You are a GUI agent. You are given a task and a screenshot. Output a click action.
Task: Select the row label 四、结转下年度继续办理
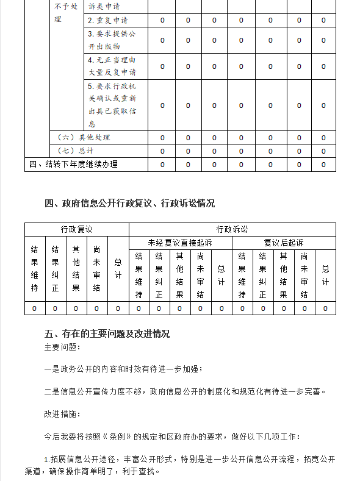pyautogui.click(x=73, y=164)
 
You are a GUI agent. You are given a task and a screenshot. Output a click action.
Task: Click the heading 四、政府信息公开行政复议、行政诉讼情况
pyautogui.click(x=130, y=204)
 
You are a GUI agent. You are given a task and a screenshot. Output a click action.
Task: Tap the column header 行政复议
pyautogui.click(x=76, y=229)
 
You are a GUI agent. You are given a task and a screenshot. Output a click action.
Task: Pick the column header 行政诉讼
pyautogui.click(x=232, y=229)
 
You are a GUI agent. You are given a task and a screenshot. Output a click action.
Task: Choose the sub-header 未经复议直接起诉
pyautogui.click(x=180, y=243)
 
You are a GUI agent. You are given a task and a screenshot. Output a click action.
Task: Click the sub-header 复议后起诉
pyautogui.click(x=283, y=243)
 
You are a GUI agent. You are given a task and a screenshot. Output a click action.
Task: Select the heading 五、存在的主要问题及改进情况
pyautogui.click(x=107, y=334)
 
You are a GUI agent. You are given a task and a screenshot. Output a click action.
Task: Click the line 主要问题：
pyautogui.click(x=62, y=347)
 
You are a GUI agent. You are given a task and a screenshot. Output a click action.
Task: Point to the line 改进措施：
pyautogui.click(x=62, y=414)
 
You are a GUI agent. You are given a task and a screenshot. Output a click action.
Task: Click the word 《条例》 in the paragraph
pyautogui.click(x=115, y=436)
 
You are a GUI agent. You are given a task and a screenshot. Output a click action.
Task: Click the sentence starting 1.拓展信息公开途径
pyautogui.click(x=189, y=459)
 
